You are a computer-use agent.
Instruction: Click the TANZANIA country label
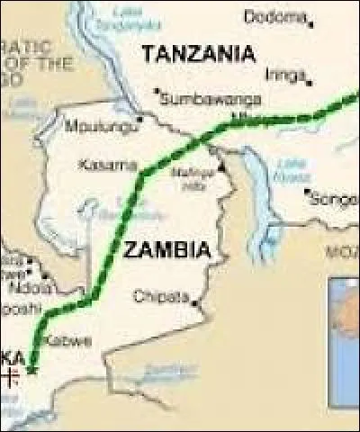pyautogui.click(x=197, y=54)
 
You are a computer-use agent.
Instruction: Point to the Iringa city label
pyautogui.click(x=286, y=76)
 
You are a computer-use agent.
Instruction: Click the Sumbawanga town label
pyautogui.click(x=211, y=98)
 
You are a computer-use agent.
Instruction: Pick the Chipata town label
pyautogui.click(x=162, y=296)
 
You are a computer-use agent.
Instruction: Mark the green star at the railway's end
pyautogui.click(x=32, y=367)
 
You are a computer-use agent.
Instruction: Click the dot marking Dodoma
pyautogui.click(x=310, y=21)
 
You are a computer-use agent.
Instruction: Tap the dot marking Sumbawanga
pyautogui.click(x=157, y=91)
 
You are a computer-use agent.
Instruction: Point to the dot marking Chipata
pyautogui.click(x=195, y=303)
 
